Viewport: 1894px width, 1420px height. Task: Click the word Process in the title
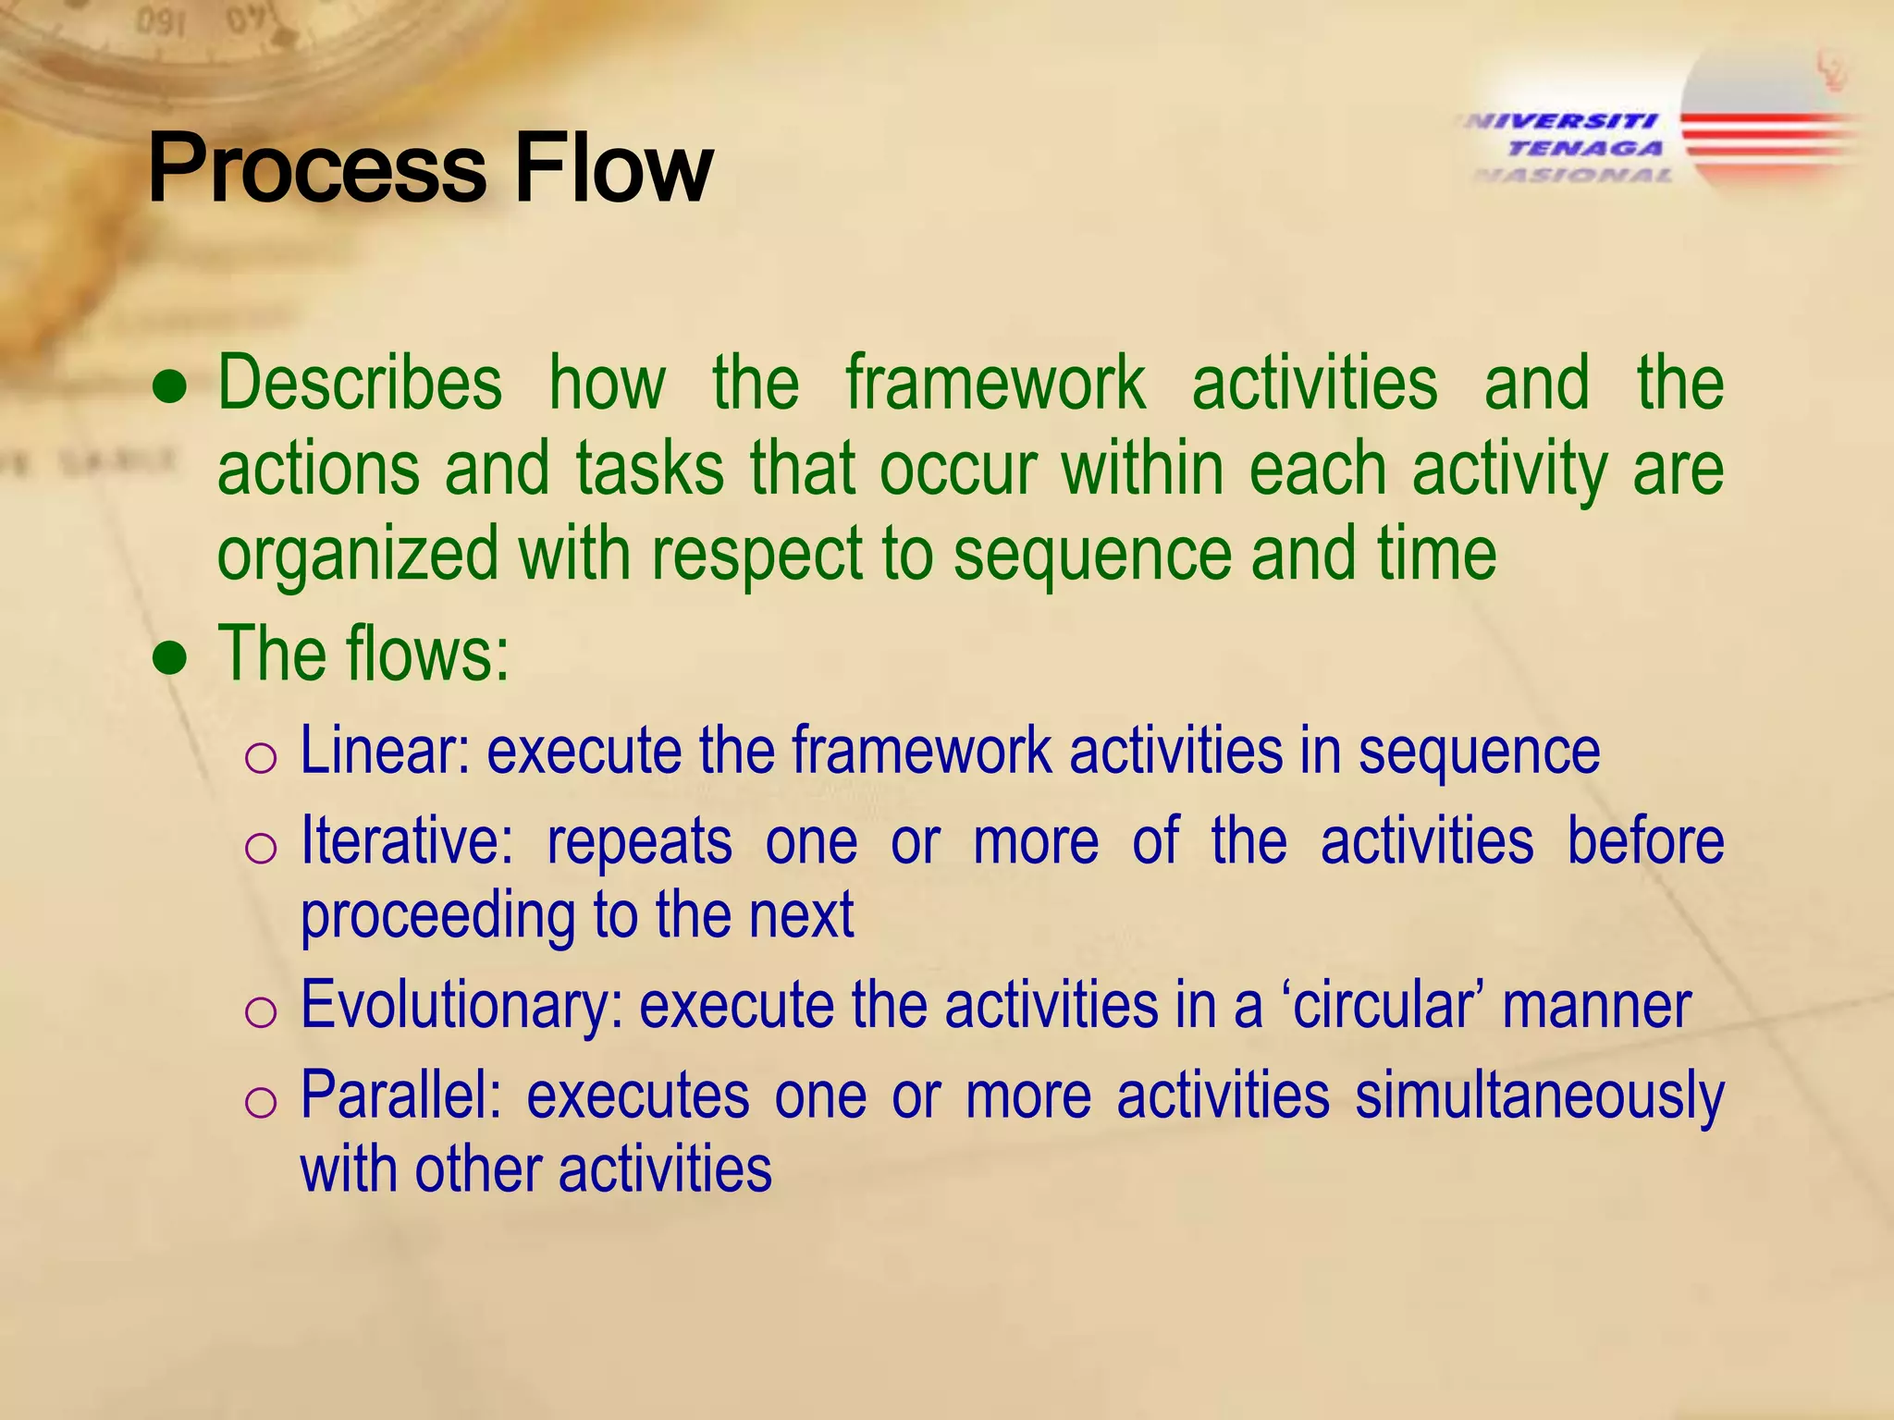click(x=316, y=168)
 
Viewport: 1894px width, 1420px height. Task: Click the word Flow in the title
click(x=612, y=168)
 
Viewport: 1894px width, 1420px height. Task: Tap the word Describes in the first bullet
click(x=360, y=383)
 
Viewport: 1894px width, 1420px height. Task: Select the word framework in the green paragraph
click(x=995, y=383)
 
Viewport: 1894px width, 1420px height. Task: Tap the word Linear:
click(x=386, y=751)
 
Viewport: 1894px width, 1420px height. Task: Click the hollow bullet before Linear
click(x=261, y=758)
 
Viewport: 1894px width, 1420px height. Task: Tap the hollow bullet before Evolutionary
click(x=261, y=1012)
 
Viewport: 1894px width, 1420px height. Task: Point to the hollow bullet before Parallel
click(x=261, y=1103)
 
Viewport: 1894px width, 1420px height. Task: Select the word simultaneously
click(x=1539, y=1096)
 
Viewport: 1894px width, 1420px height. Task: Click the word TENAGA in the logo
click(x=1585, y=148)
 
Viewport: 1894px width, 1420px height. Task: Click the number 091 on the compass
click(x=160, y=22)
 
